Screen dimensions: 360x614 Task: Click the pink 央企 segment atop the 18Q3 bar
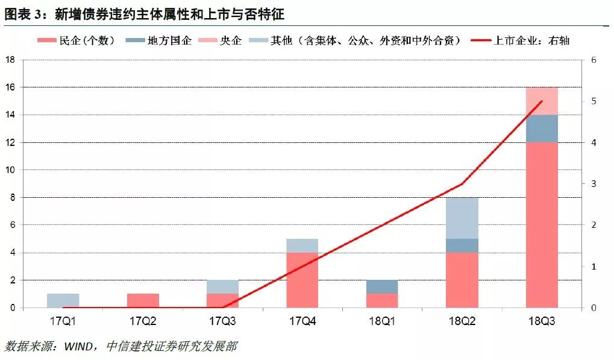coord(542,101)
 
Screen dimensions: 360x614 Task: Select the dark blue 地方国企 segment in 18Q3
coord(542,128)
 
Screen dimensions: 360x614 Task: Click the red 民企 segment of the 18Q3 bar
coord(542,225)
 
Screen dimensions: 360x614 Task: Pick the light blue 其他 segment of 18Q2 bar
coord(462,218)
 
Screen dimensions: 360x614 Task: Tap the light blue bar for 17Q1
coord(63,300)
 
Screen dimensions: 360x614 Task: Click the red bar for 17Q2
coord(143,300)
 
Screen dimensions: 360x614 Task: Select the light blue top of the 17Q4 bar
coord(302,245)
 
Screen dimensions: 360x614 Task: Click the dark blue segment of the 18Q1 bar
coord(382,286)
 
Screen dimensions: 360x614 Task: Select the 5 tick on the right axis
coord(594,101)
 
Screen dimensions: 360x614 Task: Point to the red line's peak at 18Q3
coord(542,101)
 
